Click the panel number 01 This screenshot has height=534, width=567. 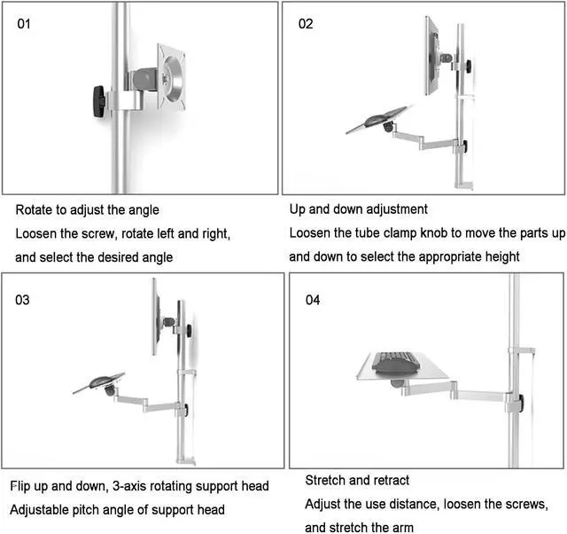[x=24, y=24]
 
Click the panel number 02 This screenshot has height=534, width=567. [x=306, y=24]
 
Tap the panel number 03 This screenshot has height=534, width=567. [x=23, y=300]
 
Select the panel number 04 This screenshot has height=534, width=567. [x=312, y=300]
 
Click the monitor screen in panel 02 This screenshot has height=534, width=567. [x=433, y=55]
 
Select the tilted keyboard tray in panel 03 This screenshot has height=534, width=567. [x=99, y=381]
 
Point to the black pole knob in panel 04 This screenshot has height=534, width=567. [x=522, y=403]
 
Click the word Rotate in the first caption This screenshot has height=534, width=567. [x=35, y=210]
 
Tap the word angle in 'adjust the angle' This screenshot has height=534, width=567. [x=143, y=210]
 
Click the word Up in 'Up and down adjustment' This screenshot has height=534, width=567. [x=298, y=209]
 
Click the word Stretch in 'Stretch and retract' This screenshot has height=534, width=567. [x=326, y=480]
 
